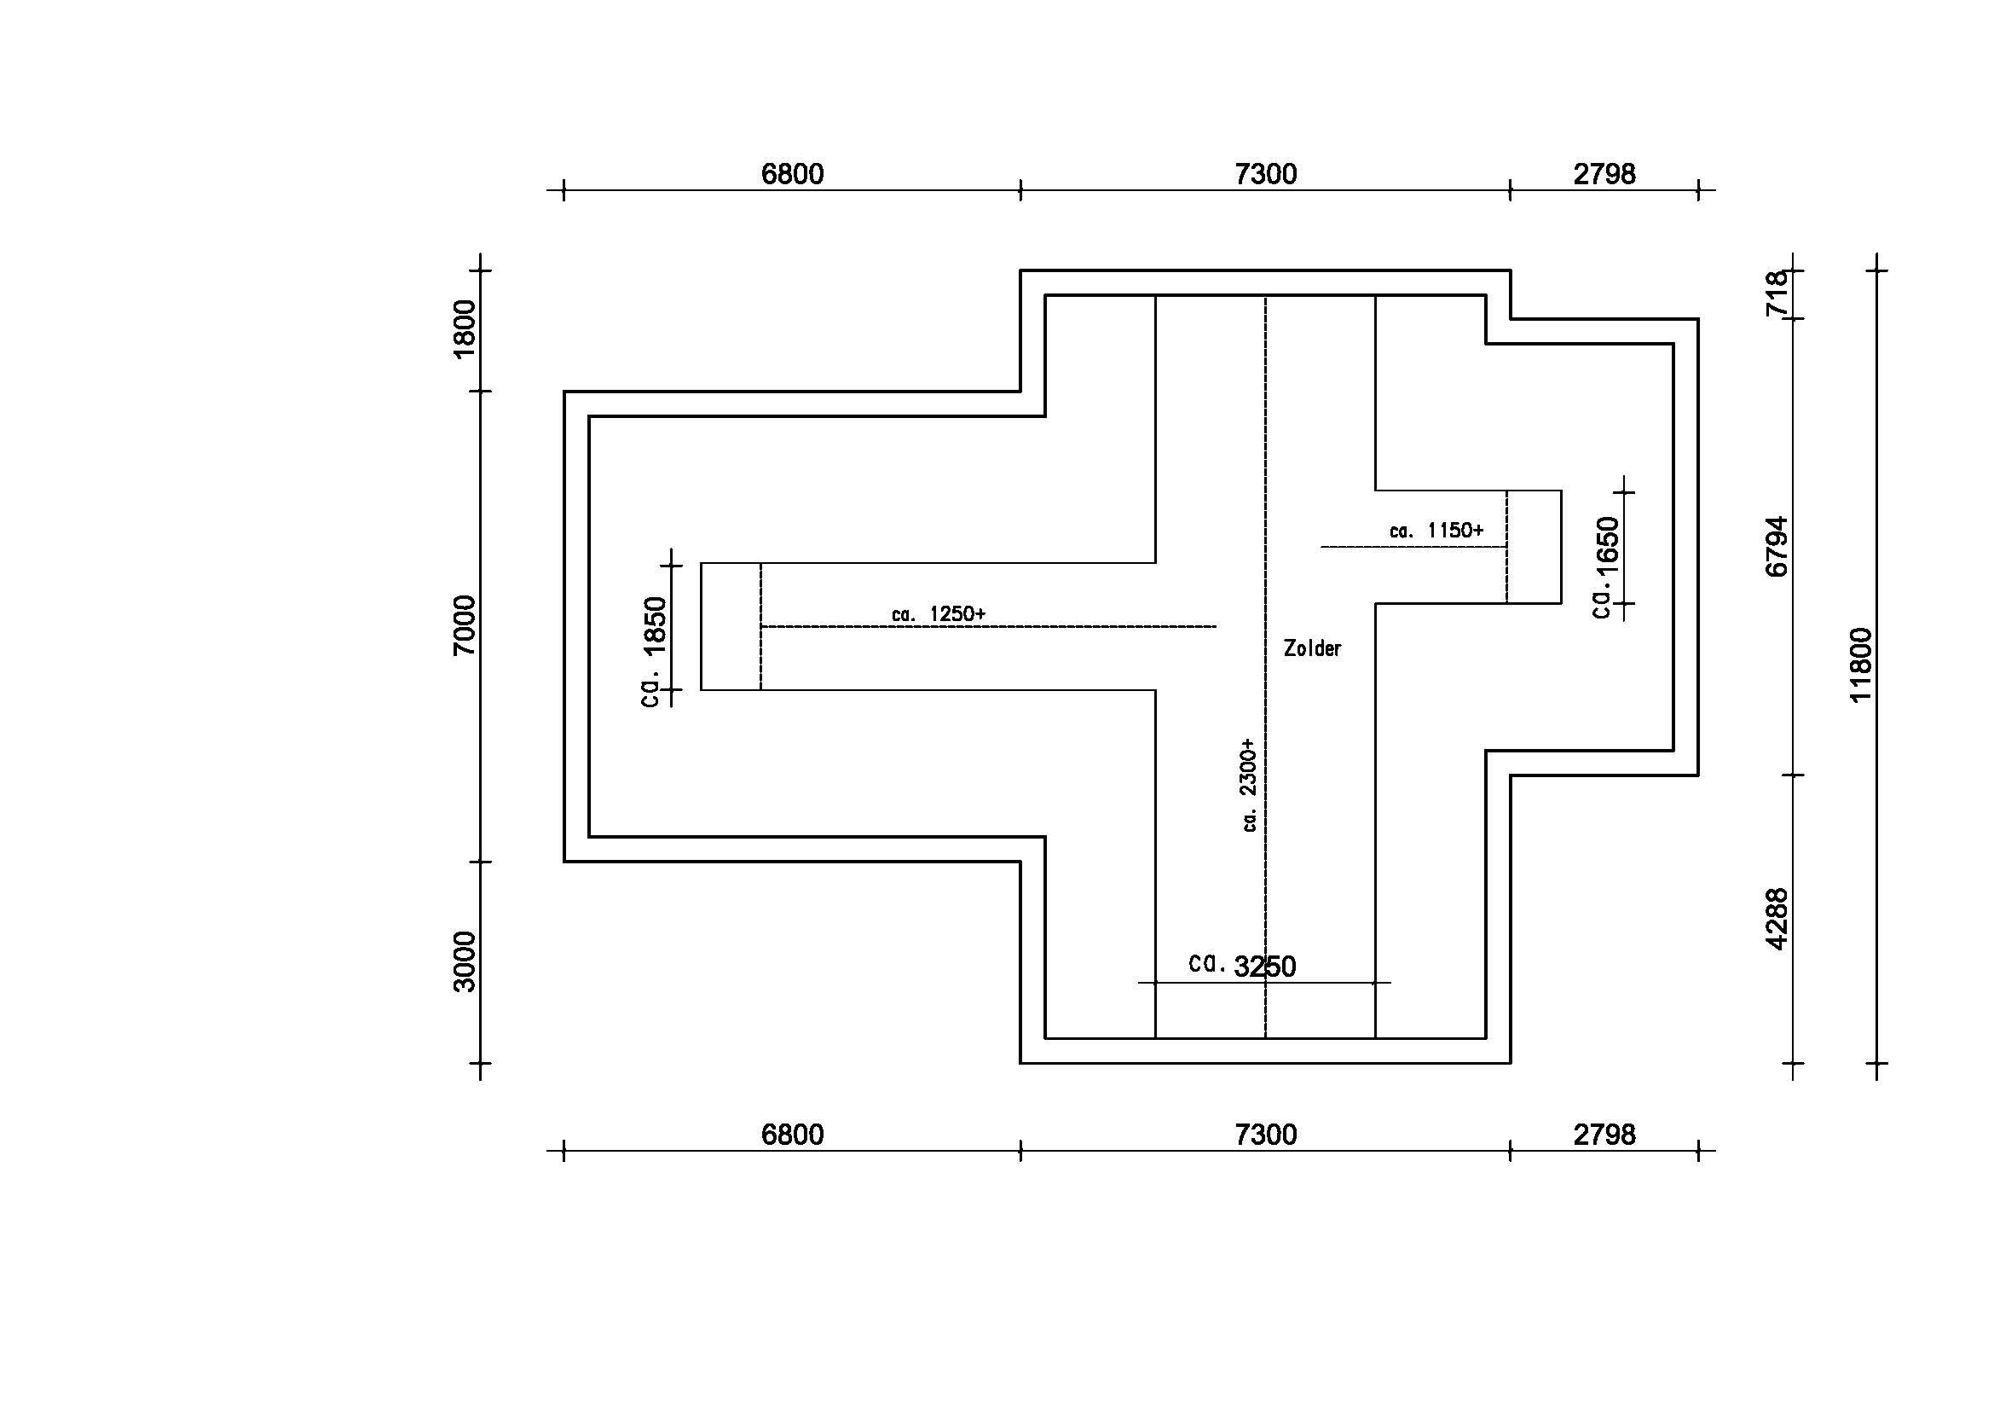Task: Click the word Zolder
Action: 1312,648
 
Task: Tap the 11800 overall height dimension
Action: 1861,665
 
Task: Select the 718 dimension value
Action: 1777,293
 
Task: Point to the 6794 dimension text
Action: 1777,547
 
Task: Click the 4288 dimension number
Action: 1777,920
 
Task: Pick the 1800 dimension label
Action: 465,328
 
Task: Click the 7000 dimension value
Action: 465,625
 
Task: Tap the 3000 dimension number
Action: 465,961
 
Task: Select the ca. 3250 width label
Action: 1242,966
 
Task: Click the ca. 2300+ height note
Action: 1249,786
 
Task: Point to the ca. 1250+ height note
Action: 939,614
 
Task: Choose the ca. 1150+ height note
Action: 1436,530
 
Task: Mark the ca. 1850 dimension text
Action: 654,652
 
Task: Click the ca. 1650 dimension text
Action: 1607,567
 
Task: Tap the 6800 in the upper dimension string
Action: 792,175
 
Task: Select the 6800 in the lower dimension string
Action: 792,1135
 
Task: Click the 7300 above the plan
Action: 1266,175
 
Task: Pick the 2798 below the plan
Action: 1605,1135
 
